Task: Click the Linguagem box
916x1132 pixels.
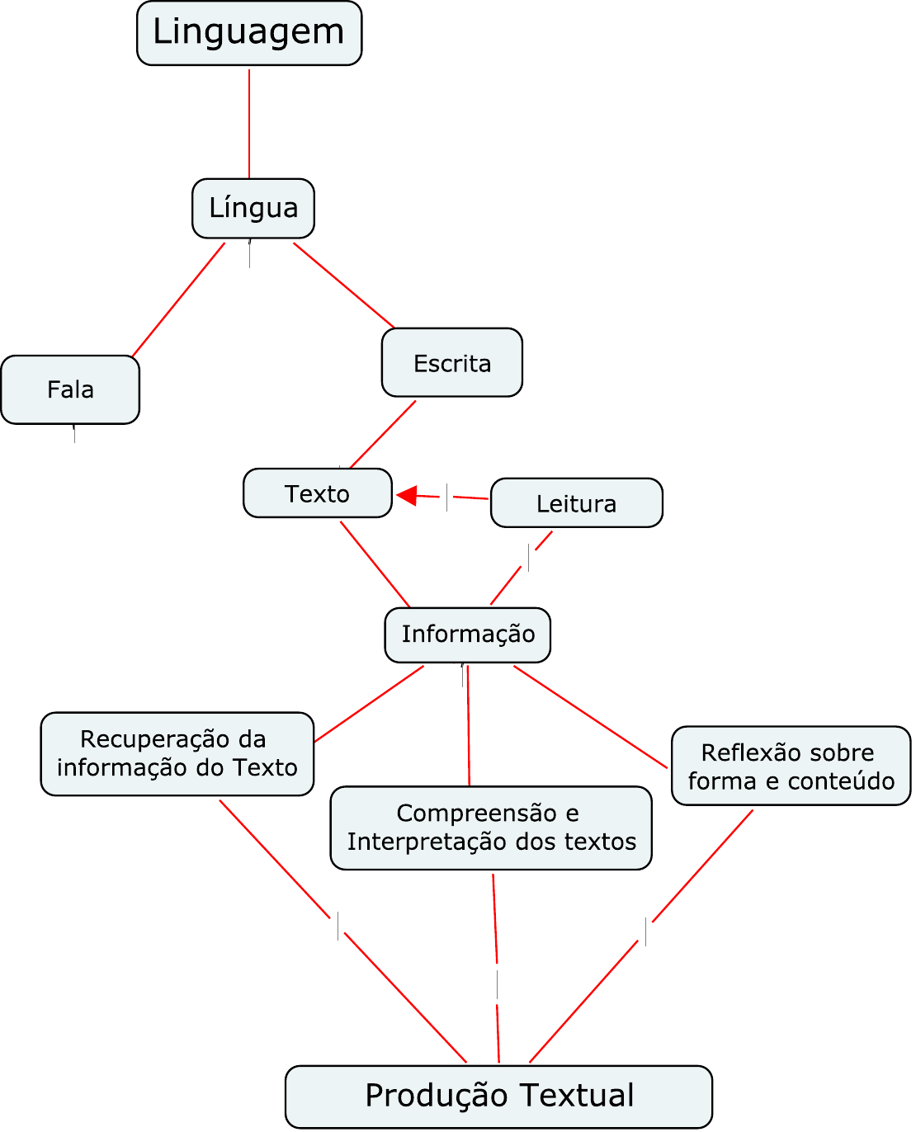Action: point(248,33)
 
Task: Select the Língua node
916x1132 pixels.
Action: point(253,208)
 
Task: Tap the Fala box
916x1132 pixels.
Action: point(70,389)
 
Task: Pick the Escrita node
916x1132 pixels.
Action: point(452,362)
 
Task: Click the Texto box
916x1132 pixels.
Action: point(318,493)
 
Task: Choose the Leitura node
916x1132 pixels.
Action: point(576,502)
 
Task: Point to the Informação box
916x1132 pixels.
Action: point(467,634)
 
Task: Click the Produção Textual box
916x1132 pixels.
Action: point(498,1096)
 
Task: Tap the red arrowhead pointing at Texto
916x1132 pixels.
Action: point(407,495)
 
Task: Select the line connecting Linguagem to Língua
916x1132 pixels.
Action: point(248,123)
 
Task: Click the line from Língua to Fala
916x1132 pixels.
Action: point(178,300)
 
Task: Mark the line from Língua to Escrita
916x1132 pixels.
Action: point(344,285)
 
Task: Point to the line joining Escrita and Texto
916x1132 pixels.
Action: point(383,434)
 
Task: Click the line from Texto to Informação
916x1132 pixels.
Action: point(375,564)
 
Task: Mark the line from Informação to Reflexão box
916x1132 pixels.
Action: point(590,716)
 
